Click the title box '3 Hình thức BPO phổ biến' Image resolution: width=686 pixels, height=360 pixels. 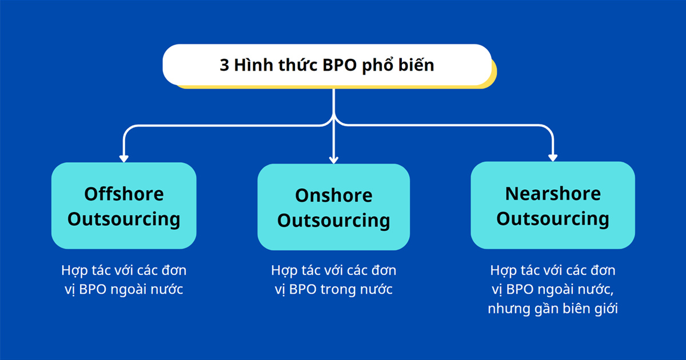(327, 65)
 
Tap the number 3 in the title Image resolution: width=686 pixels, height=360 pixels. (224, 65)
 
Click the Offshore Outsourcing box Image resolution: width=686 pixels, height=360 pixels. (124, 206)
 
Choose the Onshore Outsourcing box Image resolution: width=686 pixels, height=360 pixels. (334, 207)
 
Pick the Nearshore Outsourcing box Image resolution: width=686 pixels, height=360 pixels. (553, 206)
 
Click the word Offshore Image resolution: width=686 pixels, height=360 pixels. (124, 194)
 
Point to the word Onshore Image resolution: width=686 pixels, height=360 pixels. (334, 195)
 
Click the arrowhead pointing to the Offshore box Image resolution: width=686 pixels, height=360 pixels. (123, 158)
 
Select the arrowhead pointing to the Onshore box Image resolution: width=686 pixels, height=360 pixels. (334, 159)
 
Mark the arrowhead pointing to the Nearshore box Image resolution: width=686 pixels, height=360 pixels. (553, 157)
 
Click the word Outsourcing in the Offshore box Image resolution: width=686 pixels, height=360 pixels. (124, 219)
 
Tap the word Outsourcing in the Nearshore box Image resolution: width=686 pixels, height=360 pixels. (553, 219)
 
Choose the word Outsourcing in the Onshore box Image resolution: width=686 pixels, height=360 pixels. (334, 221)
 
